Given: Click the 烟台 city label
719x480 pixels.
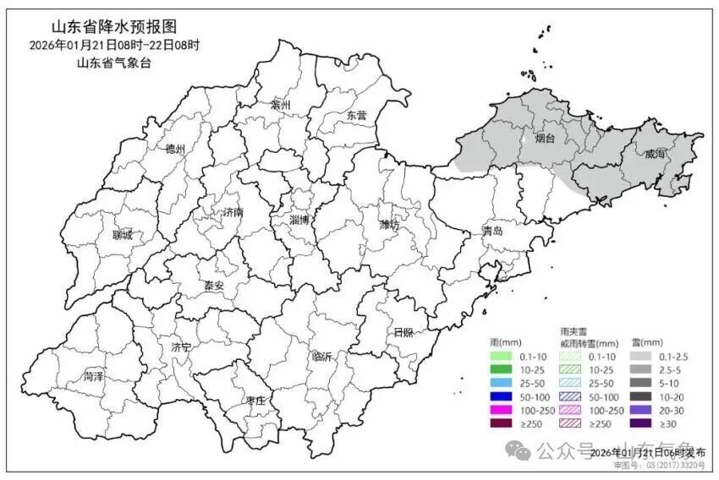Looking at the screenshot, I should coord(545,139).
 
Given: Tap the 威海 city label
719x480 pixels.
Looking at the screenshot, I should coord(654,155).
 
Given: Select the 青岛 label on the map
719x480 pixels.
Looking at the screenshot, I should coord(492,231).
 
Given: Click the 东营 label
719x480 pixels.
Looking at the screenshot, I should coord(356,116).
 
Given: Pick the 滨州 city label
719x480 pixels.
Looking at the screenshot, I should coord(280,105).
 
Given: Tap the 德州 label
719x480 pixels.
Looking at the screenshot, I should coord(175,149).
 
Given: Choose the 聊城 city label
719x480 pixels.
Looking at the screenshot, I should coord(122,236).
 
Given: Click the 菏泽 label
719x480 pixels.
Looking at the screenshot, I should coord(94,375).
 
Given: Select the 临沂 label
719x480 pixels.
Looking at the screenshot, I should coord(322,357).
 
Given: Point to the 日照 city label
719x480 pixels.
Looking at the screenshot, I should coord(403,332).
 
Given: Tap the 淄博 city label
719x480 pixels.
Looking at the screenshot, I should coord(299,220).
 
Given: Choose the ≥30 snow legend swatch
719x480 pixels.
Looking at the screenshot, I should coord(642,423).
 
